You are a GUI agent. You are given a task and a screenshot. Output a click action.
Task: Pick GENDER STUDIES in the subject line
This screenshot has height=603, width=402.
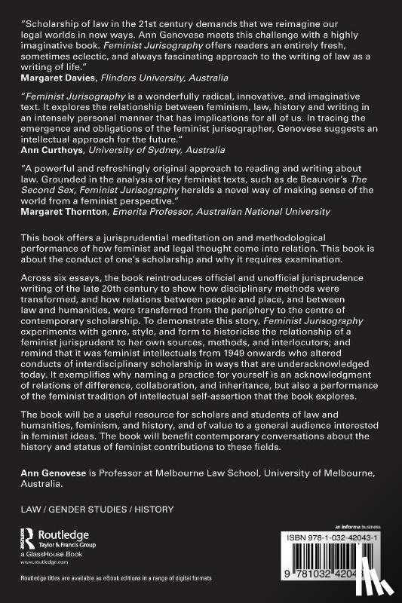(x=87, y=510)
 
